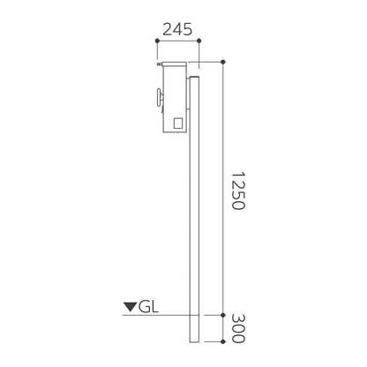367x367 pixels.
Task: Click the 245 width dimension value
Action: pos(177,29)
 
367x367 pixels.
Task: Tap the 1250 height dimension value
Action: pos(237,191)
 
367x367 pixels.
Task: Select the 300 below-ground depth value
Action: pos(237,328)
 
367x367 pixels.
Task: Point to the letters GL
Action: pos(148,307)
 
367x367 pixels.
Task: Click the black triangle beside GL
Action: pos(131,307)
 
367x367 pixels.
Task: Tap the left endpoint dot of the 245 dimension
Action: pos(157,41)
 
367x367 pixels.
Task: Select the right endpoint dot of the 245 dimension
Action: pos(199,41)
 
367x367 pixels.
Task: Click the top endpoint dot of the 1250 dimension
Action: pos(223,62)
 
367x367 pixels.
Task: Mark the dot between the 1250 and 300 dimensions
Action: pos(223,315)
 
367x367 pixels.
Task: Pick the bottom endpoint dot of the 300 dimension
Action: pos(223,341)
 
